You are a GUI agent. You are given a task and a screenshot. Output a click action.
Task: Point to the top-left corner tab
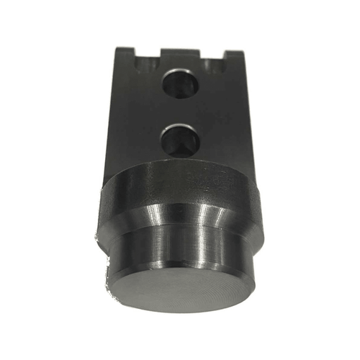pos(123,51)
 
